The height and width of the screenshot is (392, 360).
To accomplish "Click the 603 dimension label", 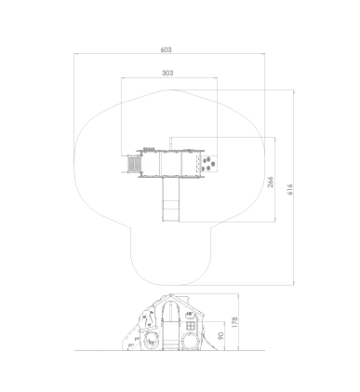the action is coord(166,49).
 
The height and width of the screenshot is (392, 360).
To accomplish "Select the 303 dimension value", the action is coord(167,73).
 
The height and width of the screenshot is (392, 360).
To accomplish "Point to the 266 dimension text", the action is coord(271,182).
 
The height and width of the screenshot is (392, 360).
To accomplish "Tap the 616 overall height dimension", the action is coord(290,189).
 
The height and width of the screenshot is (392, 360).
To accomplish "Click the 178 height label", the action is coord(234,322).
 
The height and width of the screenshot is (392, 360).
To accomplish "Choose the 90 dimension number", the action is coord(220,336).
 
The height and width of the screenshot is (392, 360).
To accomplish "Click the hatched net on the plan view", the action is coord(134,164).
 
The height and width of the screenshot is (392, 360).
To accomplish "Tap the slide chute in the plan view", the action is coord(171,199).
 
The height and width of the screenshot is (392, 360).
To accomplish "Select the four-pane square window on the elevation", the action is coord(191,326).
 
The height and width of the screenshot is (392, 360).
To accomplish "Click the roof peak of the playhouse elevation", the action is coord(170,294).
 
